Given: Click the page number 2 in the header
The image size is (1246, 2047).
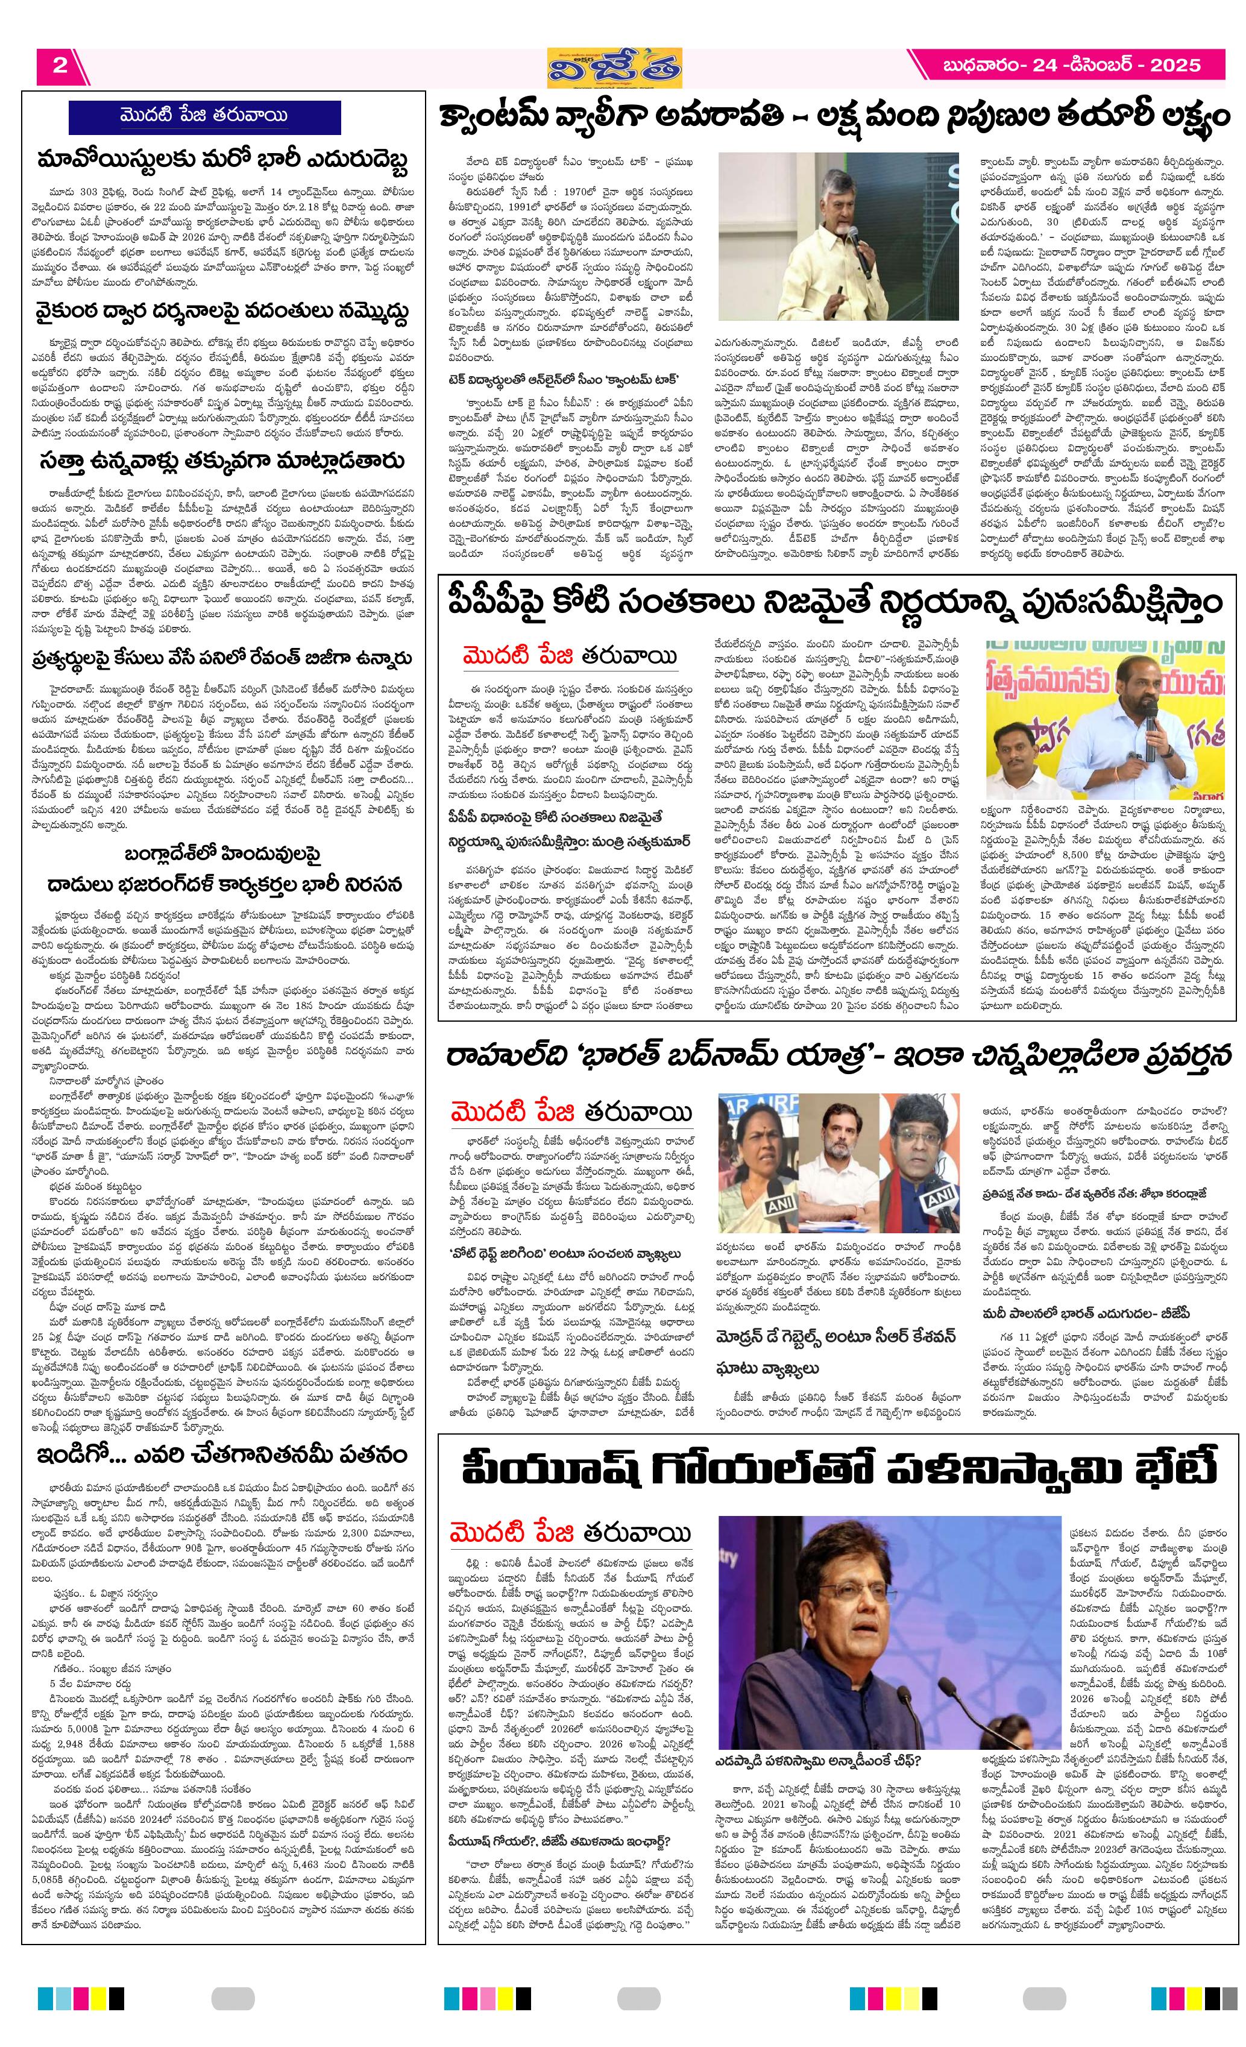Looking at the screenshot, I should [60, 66].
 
